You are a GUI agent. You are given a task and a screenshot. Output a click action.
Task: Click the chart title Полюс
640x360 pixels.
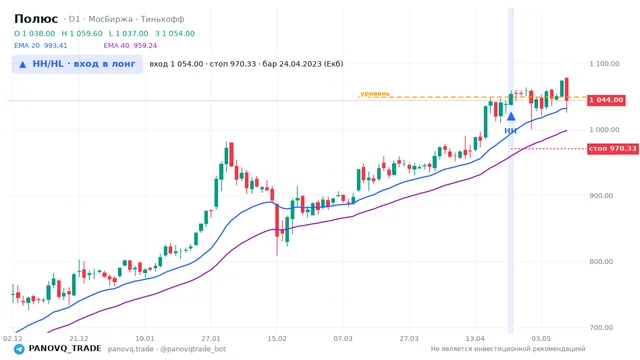click(x=36, y=19)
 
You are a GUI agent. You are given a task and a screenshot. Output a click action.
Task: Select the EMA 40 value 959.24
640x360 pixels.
click(x=145, y=46)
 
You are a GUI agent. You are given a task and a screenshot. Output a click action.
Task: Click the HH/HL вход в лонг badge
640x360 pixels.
click(x=77, y=64)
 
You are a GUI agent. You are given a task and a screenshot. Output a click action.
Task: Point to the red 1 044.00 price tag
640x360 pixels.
click(x=606, y=100)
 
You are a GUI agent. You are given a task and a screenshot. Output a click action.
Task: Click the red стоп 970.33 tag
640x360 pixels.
click(x=613, y=149)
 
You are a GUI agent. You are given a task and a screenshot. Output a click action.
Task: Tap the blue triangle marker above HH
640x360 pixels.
click(x=511, y=117)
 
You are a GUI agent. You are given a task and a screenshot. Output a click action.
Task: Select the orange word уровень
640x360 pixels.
click(x=375, y=94)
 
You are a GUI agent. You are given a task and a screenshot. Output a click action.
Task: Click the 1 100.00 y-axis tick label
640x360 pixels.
click(x=604, y=64)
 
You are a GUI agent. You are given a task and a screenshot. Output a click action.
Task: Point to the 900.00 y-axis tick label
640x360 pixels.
click(x=601, y=196)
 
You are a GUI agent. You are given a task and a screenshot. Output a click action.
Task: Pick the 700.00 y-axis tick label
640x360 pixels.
click(x=601, y=327)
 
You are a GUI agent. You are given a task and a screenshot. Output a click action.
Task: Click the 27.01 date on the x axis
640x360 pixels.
click(x=211, y=339)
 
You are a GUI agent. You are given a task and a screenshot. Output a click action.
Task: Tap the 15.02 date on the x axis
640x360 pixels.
click(x=277, y=339)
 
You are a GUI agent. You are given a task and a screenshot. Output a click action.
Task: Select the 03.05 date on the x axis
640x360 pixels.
click(x=541, y=339)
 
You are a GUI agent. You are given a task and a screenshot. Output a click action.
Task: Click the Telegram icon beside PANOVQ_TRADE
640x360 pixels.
click(x=19, y=349)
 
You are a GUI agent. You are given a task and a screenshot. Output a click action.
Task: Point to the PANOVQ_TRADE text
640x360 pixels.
click(x=65, y=349)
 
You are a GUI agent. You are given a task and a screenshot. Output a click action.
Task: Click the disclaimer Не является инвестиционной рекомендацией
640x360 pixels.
click(x=508, y=349)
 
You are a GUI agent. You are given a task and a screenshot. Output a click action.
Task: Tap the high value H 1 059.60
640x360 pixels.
click(x=82, y=33)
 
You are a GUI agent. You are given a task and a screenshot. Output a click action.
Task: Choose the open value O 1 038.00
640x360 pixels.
click(x=35, y=33)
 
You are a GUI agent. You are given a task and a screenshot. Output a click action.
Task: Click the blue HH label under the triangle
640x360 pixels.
click(x=510, y=131)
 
